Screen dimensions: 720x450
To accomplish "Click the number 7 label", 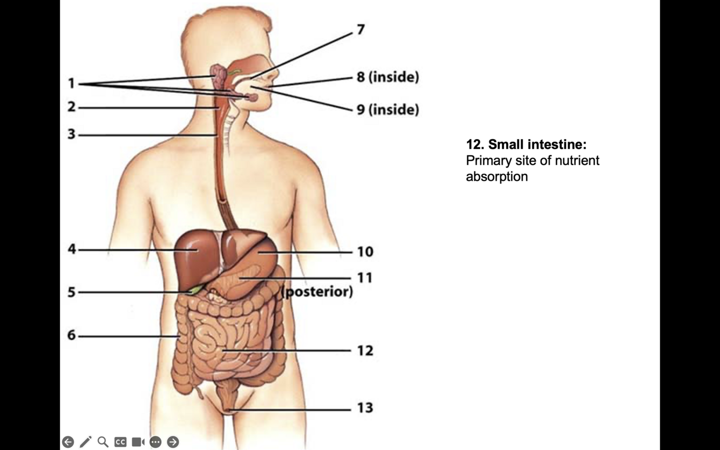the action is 361,30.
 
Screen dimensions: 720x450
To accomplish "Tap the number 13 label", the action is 365,408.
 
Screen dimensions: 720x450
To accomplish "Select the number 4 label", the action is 72,249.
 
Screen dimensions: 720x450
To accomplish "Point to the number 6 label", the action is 72,335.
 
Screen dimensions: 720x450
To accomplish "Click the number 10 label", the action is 365,251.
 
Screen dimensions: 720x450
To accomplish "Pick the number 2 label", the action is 72,107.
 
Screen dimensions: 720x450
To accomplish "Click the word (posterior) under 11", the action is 317,292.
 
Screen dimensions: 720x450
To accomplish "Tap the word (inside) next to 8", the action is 393,77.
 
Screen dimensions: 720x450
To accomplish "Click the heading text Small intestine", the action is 537,145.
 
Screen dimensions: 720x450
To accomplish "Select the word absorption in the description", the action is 497,176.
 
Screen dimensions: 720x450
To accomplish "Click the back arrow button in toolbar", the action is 68,442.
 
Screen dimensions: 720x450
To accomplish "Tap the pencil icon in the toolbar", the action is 85,442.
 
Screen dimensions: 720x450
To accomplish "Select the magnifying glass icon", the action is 103,442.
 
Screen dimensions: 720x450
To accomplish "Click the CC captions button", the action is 120,442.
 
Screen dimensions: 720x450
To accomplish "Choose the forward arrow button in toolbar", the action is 173,442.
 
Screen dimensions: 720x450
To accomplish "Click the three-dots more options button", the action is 155,442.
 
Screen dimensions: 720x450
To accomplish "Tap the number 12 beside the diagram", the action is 365,351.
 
